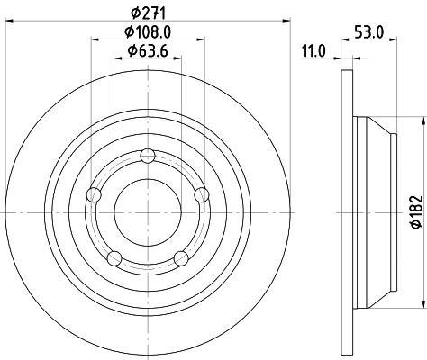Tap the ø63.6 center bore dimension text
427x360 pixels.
point(147,49)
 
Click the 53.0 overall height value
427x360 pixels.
point(371,31)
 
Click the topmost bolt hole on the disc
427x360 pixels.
point(147,156)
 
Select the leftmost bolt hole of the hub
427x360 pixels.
point(92,194)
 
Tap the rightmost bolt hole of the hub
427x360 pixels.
point(201,194)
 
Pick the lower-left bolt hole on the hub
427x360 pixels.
point(114,258)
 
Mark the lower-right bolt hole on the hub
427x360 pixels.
point(180,258)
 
